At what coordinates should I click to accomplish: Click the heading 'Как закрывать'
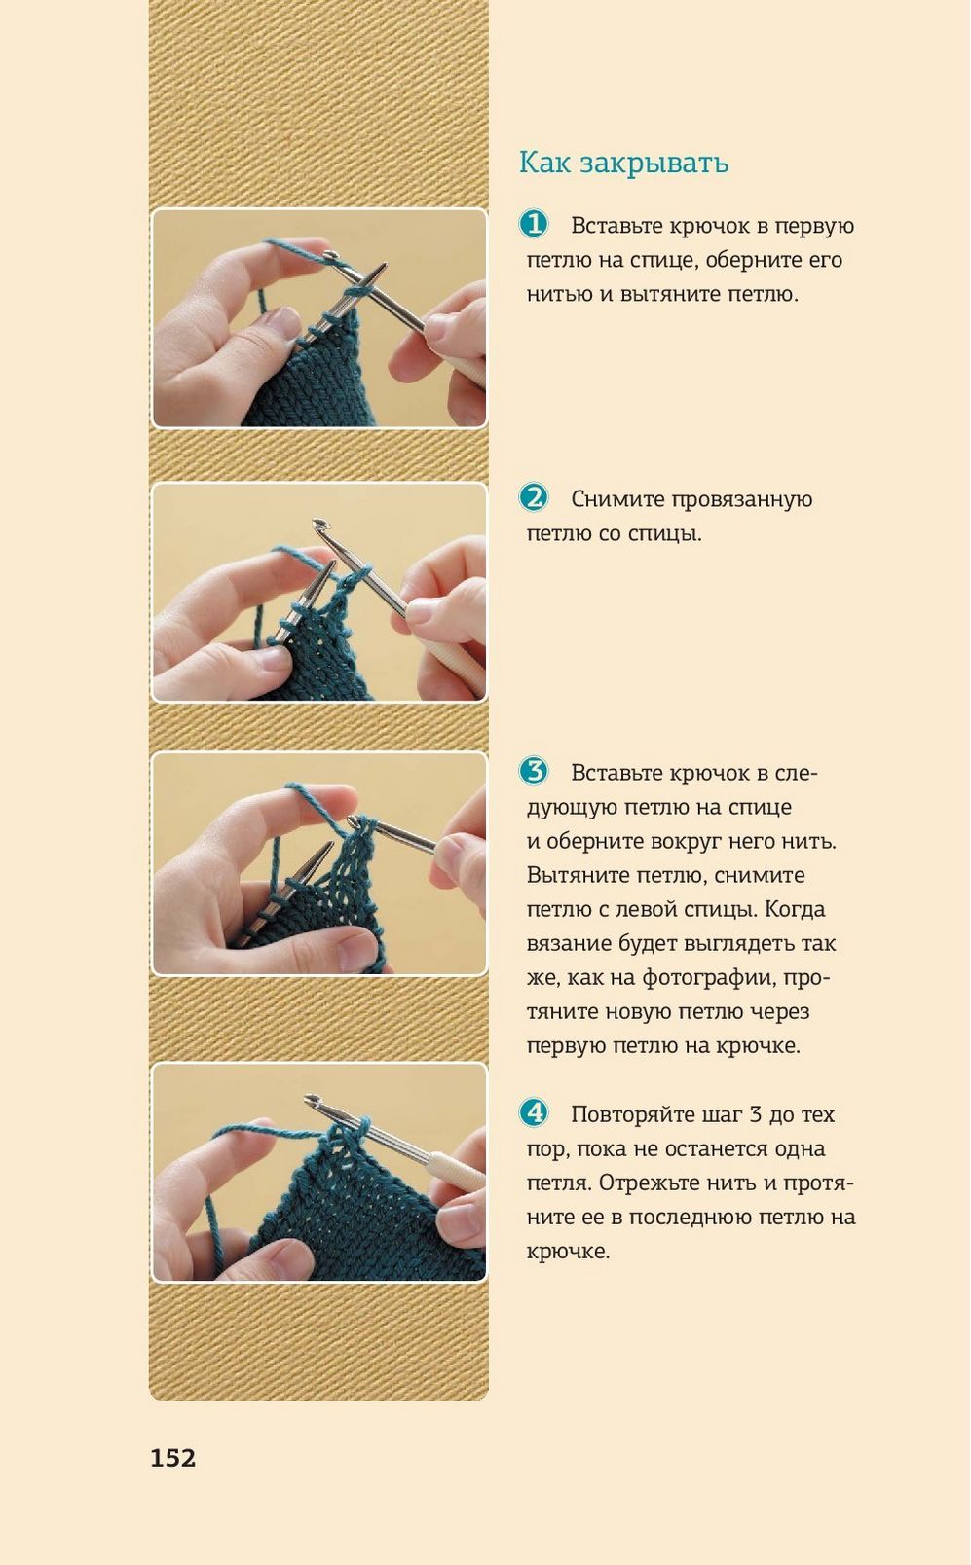pos(623,163)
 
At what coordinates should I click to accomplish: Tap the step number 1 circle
pos(534,224)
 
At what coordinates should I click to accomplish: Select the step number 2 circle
pos(534,498)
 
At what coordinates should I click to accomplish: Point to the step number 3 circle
pos(534,772)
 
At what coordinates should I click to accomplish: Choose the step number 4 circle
pos(534,1113)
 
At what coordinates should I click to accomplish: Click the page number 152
pos(172,1458)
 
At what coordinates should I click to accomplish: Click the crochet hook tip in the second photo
pos(318,523)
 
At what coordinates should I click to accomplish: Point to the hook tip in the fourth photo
pos(311,1099)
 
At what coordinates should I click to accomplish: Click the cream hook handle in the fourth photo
pos(457,1170)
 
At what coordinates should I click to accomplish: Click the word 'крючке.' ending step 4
pos(568,1252)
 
